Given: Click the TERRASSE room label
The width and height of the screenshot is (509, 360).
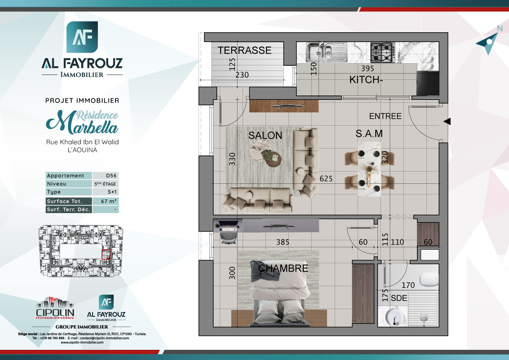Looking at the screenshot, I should tap(244, 51).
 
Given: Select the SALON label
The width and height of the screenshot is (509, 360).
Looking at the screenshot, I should tap(265, 135).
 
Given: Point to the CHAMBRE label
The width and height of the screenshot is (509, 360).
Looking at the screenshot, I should tap(283, 268).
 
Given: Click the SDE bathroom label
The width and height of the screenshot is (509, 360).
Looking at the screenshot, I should tap(399, 298).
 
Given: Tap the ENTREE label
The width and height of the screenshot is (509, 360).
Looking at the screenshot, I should tap(385, 116).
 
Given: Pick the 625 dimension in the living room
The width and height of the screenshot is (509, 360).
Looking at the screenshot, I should tap(326, 179).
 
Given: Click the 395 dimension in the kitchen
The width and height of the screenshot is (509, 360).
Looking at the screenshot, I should tap(367, 68).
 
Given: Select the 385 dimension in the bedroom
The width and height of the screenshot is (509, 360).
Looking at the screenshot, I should tap(282, 242).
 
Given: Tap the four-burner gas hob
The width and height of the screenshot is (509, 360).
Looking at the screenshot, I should tap(382, 52).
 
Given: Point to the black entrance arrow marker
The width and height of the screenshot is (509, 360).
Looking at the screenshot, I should tap(447, 122).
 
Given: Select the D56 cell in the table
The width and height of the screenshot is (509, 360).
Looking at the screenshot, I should tap(106, 176).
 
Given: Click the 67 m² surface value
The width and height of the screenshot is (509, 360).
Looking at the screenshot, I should tap(106, 201).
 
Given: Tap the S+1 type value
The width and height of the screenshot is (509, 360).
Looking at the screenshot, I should tap(106, 192).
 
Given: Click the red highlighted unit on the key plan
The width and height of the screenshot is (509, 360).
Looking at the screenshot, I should tap(106, 254).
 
